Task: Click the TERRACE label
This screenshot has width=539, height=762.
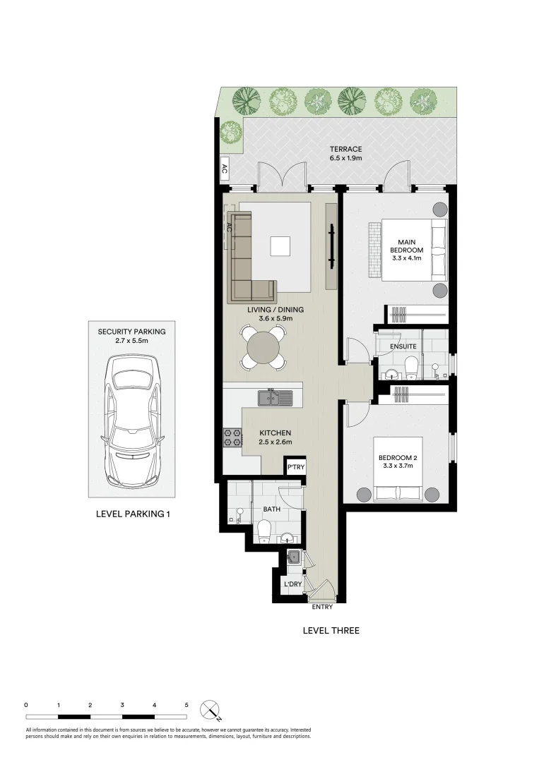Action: pos(345,149)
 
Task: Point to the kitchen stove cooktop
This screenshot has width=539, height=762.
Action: pos(232,437)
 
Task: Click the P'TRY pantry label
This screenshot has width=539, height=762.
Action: pos(295,467)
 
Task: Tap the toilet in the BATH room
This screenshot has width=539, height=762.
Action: pos(265,531)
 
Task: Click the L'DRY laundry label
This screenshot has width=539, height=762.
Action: pos(292,585)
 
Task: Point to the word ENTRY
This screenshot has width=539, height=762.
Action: pos(321,607)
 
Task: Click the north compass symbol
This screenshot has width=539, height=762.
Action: pos(210,710)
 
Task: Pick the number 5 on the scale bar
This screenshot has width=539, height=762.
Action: pos(186,704)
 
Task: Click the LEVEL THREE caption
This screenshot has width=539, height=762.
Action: pos(331,631)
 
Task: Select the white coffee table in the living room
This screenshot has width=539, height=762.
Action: pos(280,246)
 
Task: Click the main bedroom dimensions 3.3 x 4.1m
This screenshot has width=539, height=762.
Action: pos(406,258)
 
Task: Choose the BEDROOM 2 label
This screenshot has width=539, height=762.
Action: pos(398,458)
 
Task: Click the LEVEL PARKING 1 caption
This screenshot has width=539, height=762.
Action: pos(133,514)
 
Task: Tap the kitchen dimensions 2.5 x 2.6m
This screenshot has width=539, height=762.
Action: pos(275,442)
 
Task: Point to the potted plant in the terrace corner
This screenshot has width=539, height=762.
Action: pos(230,131)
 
